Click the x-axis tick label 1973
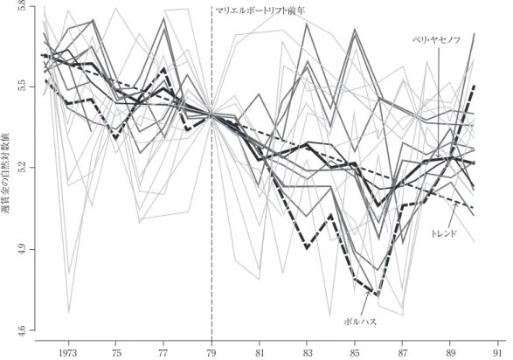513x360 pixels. coord(68,354)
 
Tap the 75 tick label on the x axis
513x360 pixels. coord(116,354)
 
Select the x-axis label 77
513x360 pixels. coord(163,354)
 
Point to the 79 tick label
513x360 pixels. coord(211,354)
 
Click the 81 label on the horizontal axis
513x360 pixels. coord(259,354)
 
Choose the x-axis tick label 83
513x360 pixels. coord(307,354)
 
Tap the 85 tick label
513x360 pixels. coord(354,354)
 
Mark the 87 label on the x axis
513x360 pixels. coord(402,354)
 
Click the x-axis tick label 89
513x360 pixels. coord(450,354)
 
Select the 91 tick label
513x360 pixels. coord(497,354)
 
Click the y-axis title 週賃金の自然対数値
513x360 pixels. coord(6,173)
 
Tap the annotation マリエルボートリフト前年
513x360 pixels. coord(260,10)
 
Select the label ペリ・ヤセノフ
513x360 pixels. coord(436,40)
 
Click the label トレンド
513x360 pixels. coord(443,233)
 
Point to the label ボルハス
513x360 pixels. coord(360,322)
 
